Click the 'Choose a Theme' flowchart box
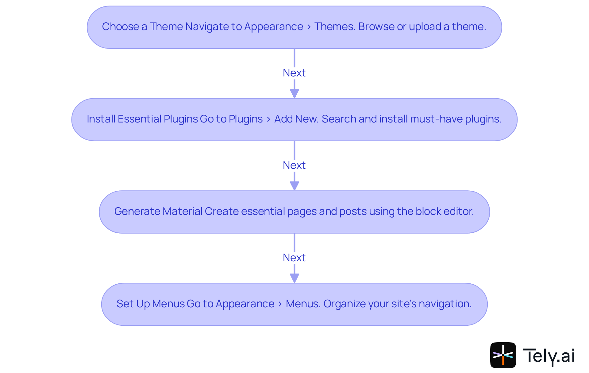tap(294, 27)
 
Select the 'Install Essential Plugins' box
tap(294, 119)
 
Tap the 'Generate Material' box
tap(294, 212)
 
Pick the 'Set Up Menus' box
tap(294, 304)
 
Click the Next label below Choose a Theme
tap(294, 73)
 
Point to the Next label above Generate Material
tap(294, 165)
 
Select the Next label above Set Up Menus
tap(294, 258)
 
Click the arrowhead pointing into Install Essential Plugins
tap(294, 93)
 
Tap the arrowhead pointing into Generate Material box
tap(294, 186)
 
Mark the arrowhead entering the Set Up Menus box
tap(294, 278)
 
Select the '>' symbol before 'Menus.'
tap(280, 304)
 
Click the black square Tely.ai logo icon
tap(503, 355)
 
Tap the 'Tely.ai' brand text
tap(549, 356)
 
